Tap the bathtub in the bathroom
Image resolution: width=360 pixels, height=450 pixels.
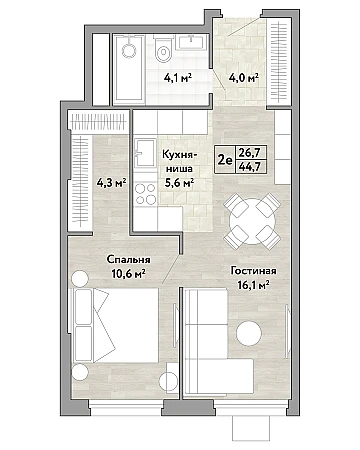point(129,69)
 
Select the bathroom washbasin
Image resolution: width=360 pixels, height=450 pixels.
point(191,42)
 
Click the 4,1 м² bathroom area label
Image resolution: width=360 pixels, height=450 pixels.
point(178,78)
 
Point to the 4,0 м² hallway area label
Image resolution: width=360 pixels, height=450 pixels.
point(244,78)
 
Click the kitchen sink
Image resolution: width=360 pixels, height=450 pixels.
point(145,152)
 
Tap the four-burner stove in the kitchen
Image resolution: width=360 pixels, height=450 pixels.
point(146,194)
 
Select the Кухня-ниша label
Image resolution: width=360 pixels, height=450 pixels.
point(180,162)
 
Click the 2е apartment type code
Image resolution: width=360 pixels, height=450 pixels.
point(225,160)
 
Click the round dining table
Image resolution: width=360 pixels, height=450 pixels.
point(252,221)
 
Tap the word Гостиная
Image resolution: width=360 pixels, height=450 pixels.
point(254,271)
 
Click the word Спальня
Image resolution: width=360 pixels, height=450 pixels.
point(128,259)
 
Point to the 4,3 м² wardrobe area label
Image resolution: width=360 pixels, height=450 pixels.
point(111,182)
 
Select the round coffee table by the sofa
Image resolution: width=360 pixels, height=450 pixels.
point(249,333)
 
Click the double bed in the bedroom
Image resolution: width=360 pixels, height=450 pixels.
point(116,325)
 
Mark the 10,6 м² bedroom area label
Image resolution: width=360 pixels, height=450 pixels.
point(128,274)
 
